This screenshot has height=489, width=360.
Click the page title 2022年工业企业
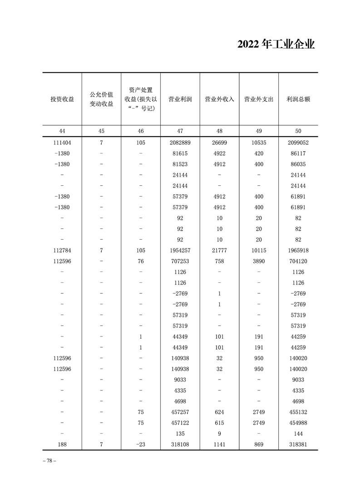coord(276,44)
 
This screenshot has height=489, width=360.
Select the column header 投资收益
coord(62,99)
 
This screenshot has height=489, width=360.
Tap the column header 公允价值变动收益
coord(101,99)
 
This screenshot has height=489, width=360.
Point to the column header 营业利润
coord(180,99)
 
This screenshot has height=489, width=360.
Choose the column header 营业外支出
coord(259,99)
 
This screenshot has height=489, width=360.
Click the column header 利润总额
coord(298,99)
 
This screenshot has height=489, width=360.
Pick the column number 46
coord(141,131)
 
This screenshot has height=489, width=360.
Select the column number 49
coord(259,131)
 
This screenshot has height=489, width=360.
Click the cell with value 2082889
coord(180,143)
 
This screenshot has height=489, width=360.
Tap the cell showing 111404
coord(62,143)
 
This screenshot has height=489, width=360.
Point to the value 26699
coord(219,143)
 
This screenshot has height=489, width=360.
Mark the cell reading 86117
coord(298,153)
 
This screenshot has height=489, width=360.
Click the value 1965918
coord(298,251)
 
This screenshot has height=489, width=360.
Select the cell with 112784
coord(62,251)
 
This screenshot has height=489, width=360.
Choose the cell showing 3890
coord(259,261)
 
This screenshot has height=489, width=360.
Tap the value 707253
coord(180,261)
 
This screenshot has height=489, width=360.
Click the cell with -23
coord(141,445)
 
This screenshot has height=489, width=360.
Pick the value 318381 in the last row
coord(298,445)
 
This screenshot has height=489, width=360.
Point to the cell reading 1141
coord(219,445)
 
